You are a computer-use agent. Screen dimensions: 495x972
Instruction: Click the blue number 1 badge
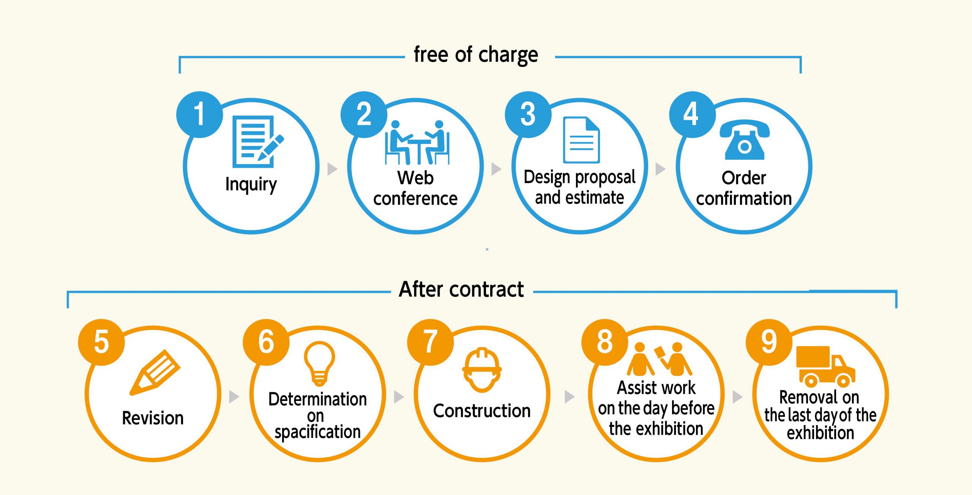199,114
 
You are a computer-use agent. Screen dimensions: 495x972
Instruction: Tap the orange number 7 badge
430,342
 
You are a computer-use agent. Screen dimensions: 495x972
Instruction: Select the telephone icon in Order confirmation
744,140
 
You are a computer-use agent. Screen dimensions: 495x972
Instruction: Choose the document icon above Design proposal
581,140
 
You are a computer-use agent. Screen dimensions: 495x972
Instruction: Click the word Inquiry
251,185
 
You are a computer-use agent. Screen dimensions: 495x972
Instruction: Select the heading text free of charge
476,55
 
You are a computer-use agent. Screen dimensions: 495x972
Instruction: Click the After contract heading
461,290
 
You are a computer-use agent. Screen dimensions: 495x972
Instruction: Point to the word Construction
482,411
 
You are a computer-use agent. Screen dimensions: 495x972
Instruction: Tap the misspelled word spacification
317,432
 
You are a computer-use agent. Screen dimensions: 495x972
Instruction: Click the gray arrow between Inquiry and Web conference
332,169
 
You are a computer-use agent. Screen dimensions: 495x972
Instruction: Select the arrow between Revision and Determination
234,397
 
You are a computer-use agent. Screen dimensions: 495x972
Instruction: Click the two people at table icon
417,142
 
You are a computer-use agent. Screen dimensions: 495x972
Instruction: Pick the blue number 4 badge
692,114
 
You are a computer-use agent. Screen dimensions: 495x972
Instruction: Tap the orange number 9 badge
769,342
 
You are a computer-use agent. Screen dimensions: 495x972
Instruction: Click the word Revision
153,418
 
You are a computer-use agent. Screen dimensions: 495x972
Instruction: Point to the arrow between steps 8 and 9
737,397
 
